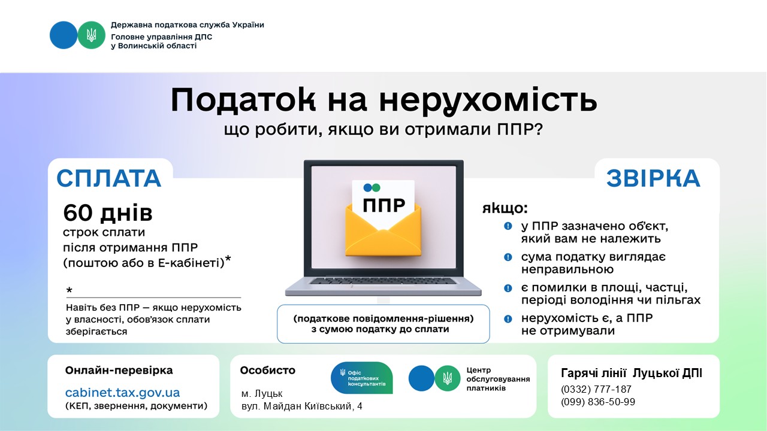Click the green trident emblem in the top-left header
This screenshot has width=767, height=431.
pyautogui.click(x=91, y=35)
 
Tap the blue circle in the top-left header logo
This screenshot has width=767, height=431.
pyautogui.click(x=64, y=35)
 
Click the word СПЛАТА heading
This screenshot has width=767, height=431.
pyautogui.click(x=109, y=178)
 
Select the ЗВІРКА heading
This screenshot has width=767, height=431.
pyautogui.click(x=653, y=178)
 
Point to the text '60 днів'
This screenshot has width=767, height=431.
pyautogui.click(x=108, y=213)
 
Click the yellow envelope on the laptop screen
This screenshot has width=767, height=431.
pyautogui.click(x=383, y=229)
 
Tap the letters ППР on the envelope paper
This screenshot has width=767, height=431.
pyautogui.click(x=384, y=205)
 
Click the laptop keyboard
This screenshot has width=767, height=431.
pyautogui.click(x=383, y=281)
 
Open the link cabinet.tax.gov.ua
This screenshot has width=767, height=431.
pyautogui.click(x=123, y=392)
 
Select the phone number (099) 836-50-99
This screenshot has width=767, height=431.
pyautogui.click(x=598, y=402)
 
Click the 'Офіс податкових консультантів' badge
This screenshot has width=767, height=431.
pyautogui.click(x=361, y=378)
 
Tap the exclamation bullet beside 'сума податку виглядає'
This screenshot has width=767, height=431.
pyautogui.click(x=508, y=257)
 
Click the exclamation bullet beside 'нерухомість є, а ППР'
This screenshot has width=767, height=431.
pyautogui.click(x=508, y=319)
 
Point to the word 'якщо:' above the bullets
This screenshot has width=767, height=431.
pyautogui.click(x=505, y=208)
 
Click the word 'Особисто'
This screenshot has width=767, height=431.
pyautogui.click(x=267, y=370)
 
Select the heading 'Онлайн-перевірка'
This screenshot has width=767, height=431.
pyautogui.click(x=119, y=370)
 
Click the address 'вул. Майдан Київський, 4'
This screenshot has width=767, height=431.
pyautogui.click(x=301, y=406)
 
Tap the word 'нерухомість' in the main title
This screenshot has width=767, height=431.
pyautogui.click(x=488, y=100)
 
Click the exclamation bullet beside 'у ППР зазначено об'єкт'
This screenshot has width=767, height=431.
pyautogui.click(x=508, y=226)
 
